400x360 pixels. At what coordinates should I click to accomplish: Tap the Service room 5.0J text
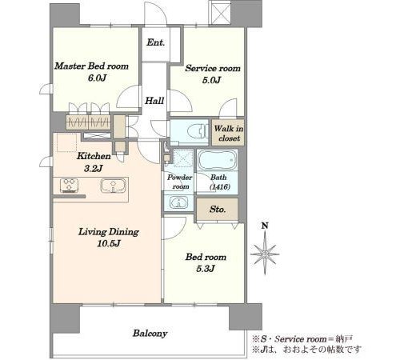[213, 74]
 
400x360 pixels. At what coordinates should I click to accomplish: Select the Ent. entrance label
[156, 42]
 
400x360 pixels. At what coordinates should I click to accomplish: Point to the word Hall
[154, 101]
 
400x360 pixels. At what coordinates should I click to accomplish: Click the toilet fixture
[198, 131]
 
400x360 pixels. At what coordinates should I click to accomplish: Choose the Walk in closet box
[228, 133]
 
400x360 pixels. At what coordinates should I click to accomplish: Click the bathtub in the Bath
[218, 160]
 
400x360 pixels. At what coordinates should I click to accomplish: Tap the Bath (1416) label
[219, 182]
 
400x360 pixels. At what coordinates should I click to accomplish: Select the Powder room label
[180, 182]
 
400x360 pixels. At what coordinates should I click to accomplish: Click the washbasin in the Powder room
[179, 202]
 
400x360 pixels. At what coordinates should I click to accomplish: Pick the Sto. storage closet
[217, 209]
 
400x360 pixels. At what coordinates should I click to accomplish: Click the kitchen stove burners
[70, 186]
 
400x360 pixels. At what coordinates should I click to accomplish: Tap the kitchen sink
[114, 186]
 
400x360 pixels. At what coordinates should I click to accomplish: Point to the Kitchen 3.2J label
[94, 162]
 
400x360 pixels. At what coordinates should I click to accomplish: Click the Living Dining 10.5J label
[109, 238]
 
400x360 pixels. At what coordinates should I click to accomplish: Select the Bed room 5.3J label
[206, 262]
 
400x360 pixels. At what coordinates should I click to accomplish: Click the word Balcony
[150, 334]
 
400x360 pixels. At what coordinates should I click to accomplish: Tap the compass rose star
[265, 254]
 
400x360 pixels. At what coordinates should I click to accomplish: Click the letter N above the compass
[265, 226]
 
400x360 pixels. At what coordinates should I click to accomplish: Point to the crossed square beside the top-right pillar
[220, 13]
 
